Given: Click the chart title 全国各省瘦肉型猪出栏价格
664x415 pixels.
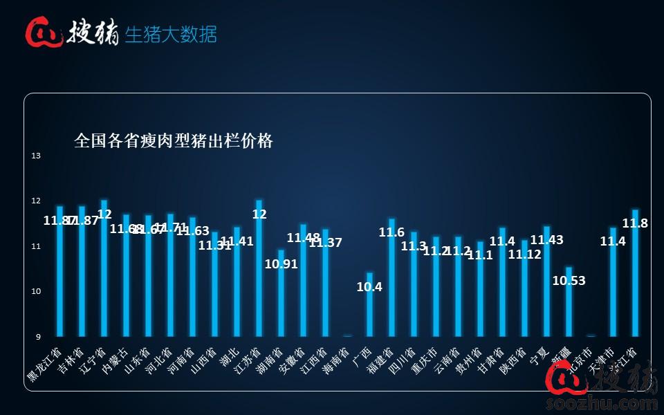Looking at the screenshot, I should point(174,141).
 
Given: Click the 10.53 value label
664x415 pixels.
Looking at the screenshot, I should point(569,280).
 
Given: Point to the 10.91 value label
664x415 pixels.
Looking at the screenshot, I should point(281,264).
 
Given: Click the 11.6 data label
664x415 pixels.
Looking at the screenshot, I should point(391,232).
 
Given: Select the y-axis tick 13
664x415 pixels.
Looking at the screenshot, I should point(36,156).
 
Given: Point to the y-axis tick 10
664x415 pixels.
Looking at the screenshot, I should point(36,291).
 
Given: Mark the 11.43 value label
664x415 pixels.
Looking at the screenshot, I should point(546,240).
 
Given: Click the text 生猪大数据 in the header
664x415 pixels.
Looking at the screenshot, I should point(171,34).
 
